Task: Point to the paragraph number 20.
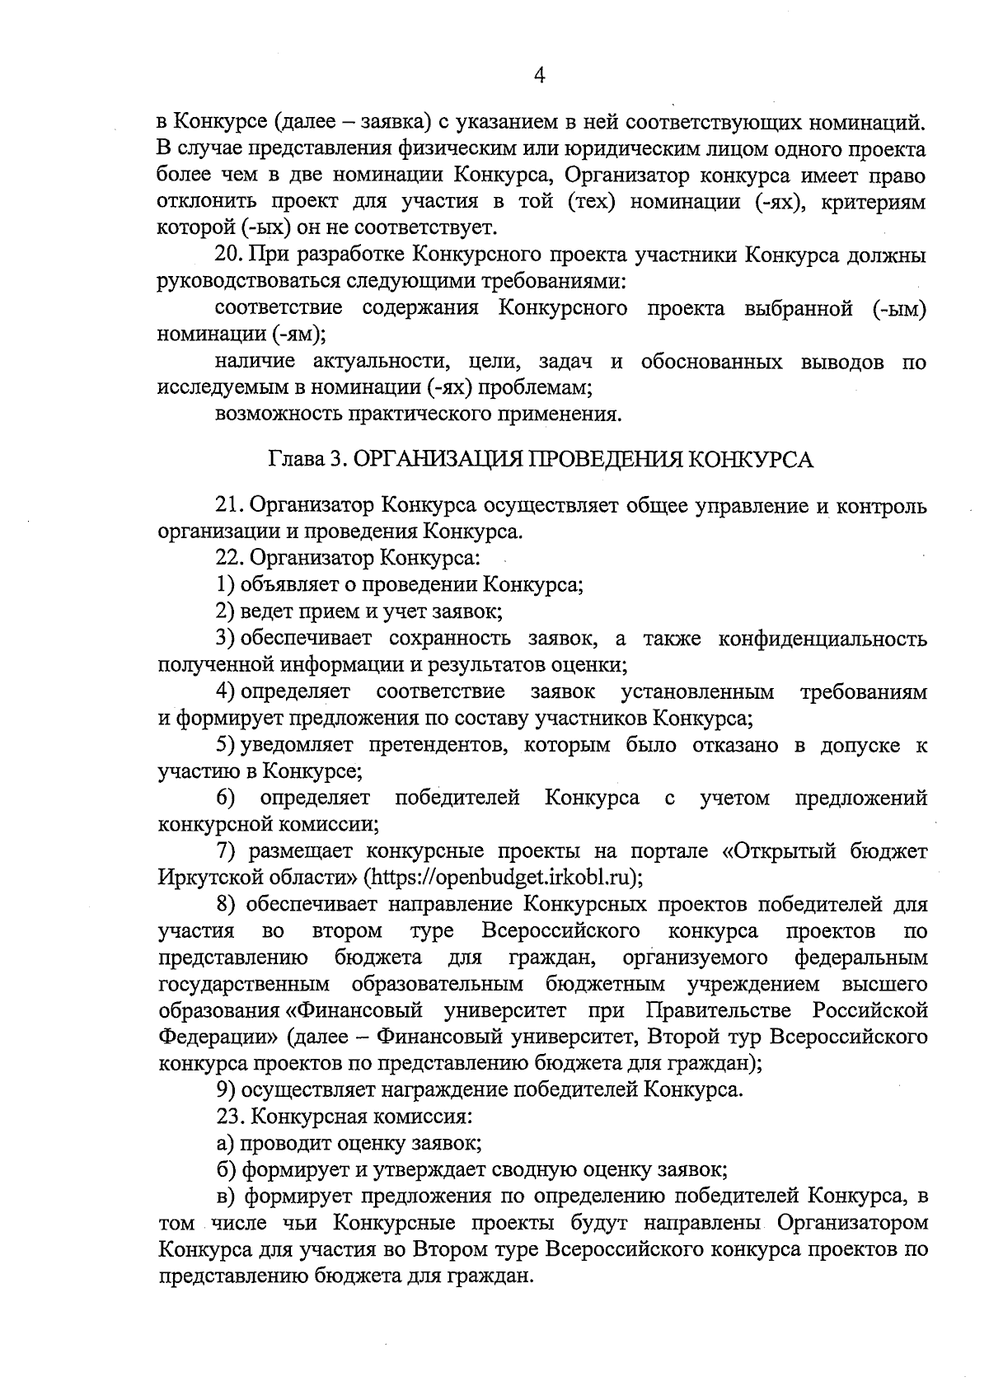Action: pos(227,255)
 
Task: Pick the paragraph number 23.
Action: pos(227,1117)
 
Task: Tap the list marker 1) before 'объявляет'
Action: pos(225,585)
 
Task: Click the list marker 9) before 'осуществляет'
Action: pos(225,1090)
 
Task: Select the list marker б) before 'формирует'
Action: pos(224,1169)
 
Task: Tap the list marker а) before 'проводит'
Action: pos(224,1143)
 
